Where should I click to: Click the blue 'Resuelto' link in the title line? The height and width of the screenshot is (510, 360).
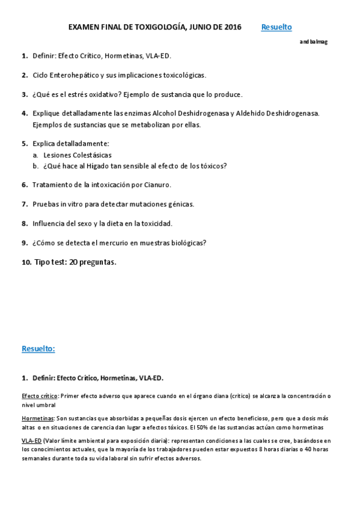[276, 27]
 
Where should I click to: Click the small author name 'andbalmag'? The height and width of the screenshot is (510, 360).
[314, 41]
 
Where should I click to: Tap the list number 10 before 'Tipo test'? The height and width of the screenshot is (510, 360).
[26, 262]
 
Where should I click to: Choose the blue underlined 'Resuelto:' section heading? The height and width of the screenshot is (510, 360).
[38, 349]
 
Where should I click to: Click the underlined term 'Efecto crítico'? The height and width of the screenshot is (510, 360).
[39, 396]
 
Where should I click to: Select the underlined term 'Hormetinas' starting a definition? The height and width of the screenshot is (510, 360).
[38, 418]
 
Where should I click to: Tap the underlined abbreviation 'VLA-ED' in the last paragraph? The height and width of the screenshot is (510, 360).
[31, 440]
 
